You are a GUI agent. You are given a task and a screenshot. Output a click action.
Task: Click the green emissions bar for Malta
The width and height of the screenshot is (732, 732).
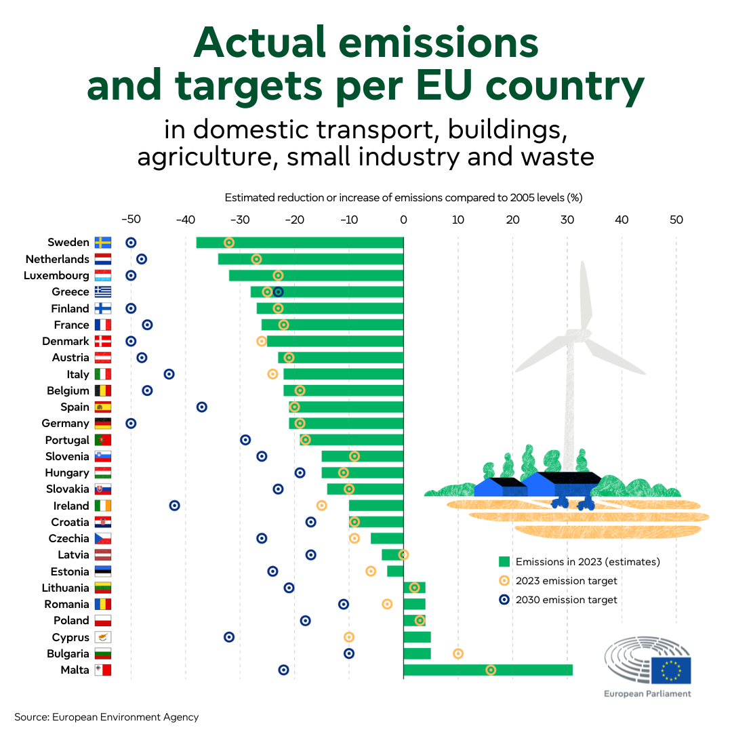pyautogui.click(x=488, y=670)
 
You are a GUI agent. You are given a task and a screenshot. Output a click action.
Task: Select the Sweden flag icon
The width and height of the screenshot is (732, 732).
pyautogui.click(x=103, y=243)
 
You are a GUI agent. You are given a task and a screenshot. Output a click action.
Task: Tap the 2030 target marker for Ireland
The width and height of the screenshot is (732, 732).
pyautogui.click(x=174, y=506)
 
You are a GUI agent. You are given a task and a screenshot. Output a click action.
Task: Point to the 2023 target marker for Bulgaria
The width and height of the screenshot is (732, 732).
pyautogui.click(x=458, y=653)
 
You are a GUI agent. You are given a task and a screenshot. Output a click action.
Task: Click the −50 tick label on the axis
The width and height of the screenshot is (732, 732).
pyautogui.click(x=130, y=220)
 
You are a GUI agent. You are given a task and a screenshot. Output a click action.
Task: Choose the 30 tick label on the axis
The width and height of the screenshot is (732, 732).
pyautogui.click(x=567, y=220)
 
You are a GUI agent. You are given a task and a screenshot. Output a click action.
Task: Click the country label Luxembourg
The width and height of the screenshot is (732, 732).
pyautogui.click(x=56, y=276)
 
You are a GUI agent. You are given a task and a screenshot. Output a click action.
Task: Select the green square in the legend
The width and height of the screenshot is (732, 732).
pyautogui.click(x=504, y=561)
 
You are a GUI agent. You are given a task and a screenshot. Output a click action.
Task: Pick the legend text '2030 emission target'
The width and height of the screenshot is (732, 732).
pyautogui.click(x=567, y=599)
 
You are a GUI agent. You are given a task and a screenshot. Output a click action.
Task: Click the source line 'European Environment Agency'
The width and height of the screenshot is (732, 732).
pyautogui.click(x=106, y=716)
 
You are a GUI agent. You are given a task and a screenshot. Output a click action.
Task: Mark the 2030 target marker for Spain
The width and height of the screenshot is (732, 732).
pyautogui.click(x=201, y=407)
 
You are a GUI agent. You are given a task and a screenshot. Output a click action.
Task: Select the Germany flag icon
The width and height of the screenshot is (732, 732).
pyautogui.click(x=103, y=424)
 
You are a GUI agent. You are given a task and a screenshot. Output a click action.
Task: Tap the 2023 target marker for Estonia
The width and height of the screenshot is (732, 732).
pyautogui.click(x=371, y=571)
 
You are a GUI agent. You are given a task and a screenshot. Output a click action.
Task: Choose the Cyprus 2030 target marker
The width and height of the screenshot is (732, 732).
pyautogui.click(x=229, y=637)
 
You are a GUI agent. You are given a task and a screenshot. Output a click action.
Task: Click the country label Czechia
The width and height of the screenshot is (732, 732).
pyautogui.click(x=68, y=539)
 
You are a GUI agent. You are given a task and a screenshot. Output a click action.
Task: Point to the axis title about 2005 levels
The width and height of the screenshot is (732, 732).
pyautogui.click(x=403, y=198)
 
